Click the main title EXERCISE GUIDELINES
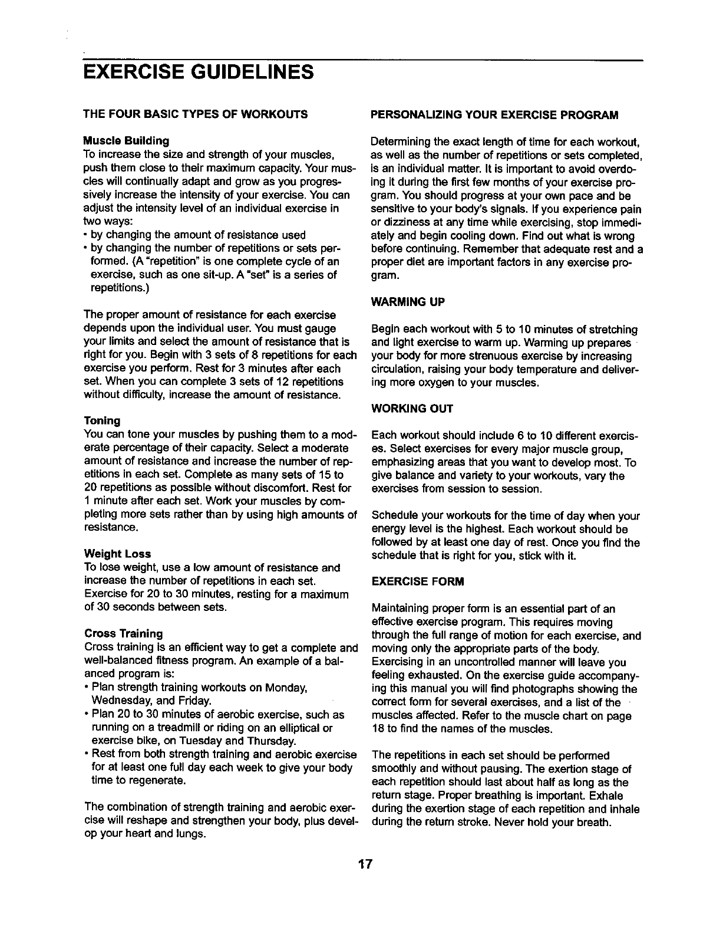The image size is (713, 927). point(199,73)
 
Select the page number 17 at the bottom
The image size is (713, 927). point(365,865)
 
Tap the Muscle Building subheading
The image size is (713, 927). point(127,141)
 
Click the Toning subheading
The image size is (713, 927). point(103,421)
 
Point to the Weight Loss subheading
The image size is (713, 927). point(118,554)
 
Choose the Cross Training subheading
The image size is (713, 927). point(124,634)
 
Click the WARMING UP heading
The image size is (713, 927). point(407,303)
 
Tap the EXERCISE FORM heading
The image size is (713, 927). point(418,581)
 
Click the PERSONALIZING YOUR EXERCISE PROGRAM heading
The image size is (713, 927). point(494,114)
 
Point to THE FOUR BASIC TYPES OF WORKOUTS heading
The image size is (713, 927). point(196,114)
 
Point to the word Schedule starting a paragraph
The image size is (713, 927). point(392,516)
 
